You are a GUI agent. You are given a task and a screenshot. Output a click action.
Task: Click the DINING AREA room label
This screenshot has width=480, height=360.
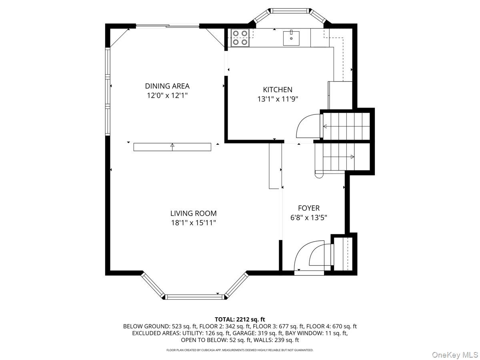167,86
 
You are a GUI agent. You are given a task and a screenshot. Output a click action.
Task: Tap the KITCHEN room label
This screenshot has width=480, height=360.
277,90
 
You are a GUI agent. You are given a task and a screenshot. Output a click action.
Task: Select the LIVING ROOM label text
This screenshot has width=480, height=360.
193,213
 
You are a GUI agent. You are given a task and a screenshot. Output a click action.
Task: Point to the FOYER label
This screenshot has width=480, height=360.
308,208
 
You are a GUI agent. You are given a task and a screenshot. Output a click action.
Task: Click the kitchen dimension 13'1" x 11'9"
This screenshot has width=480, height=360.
278,99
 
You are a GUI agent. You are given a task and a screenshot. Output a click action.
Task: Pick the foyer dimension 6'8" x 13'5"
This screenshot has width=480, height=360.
308,218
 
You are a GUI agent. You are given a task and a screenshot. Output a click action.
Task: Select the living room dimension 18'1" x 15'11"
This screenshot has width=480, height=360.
193,223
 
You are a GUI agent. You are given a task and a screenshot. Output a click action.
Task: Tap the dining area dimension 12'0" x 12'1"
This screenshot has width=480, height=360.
167,96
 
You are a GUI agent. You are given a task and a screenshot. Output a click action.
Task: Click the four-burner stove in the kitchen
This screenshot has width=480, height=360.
240,38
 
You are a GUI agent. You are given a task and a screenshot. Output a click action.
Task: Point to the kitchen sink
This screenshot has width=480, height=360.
291,38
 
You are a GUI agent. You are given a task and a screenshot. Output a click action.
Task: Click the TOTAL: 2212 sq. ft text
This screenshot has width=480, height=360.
240,319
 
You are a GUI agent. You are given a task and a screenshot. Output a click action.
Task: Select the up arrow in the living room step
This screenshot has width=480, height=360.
172,147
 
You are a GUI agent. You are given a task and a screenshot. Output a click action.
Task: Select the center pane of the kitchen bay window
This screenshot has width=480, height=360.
290,10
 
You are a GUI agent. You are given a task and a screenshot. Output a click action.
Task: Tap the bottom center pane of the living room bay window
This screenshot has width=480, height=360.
194,297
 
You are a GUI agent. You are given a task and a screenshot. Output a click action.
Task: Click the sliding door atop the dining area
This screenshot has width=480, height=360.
168,26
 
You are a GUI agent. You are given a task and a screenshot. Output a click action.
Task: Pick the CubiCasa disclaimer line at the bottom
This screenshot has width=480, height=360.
240,350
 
